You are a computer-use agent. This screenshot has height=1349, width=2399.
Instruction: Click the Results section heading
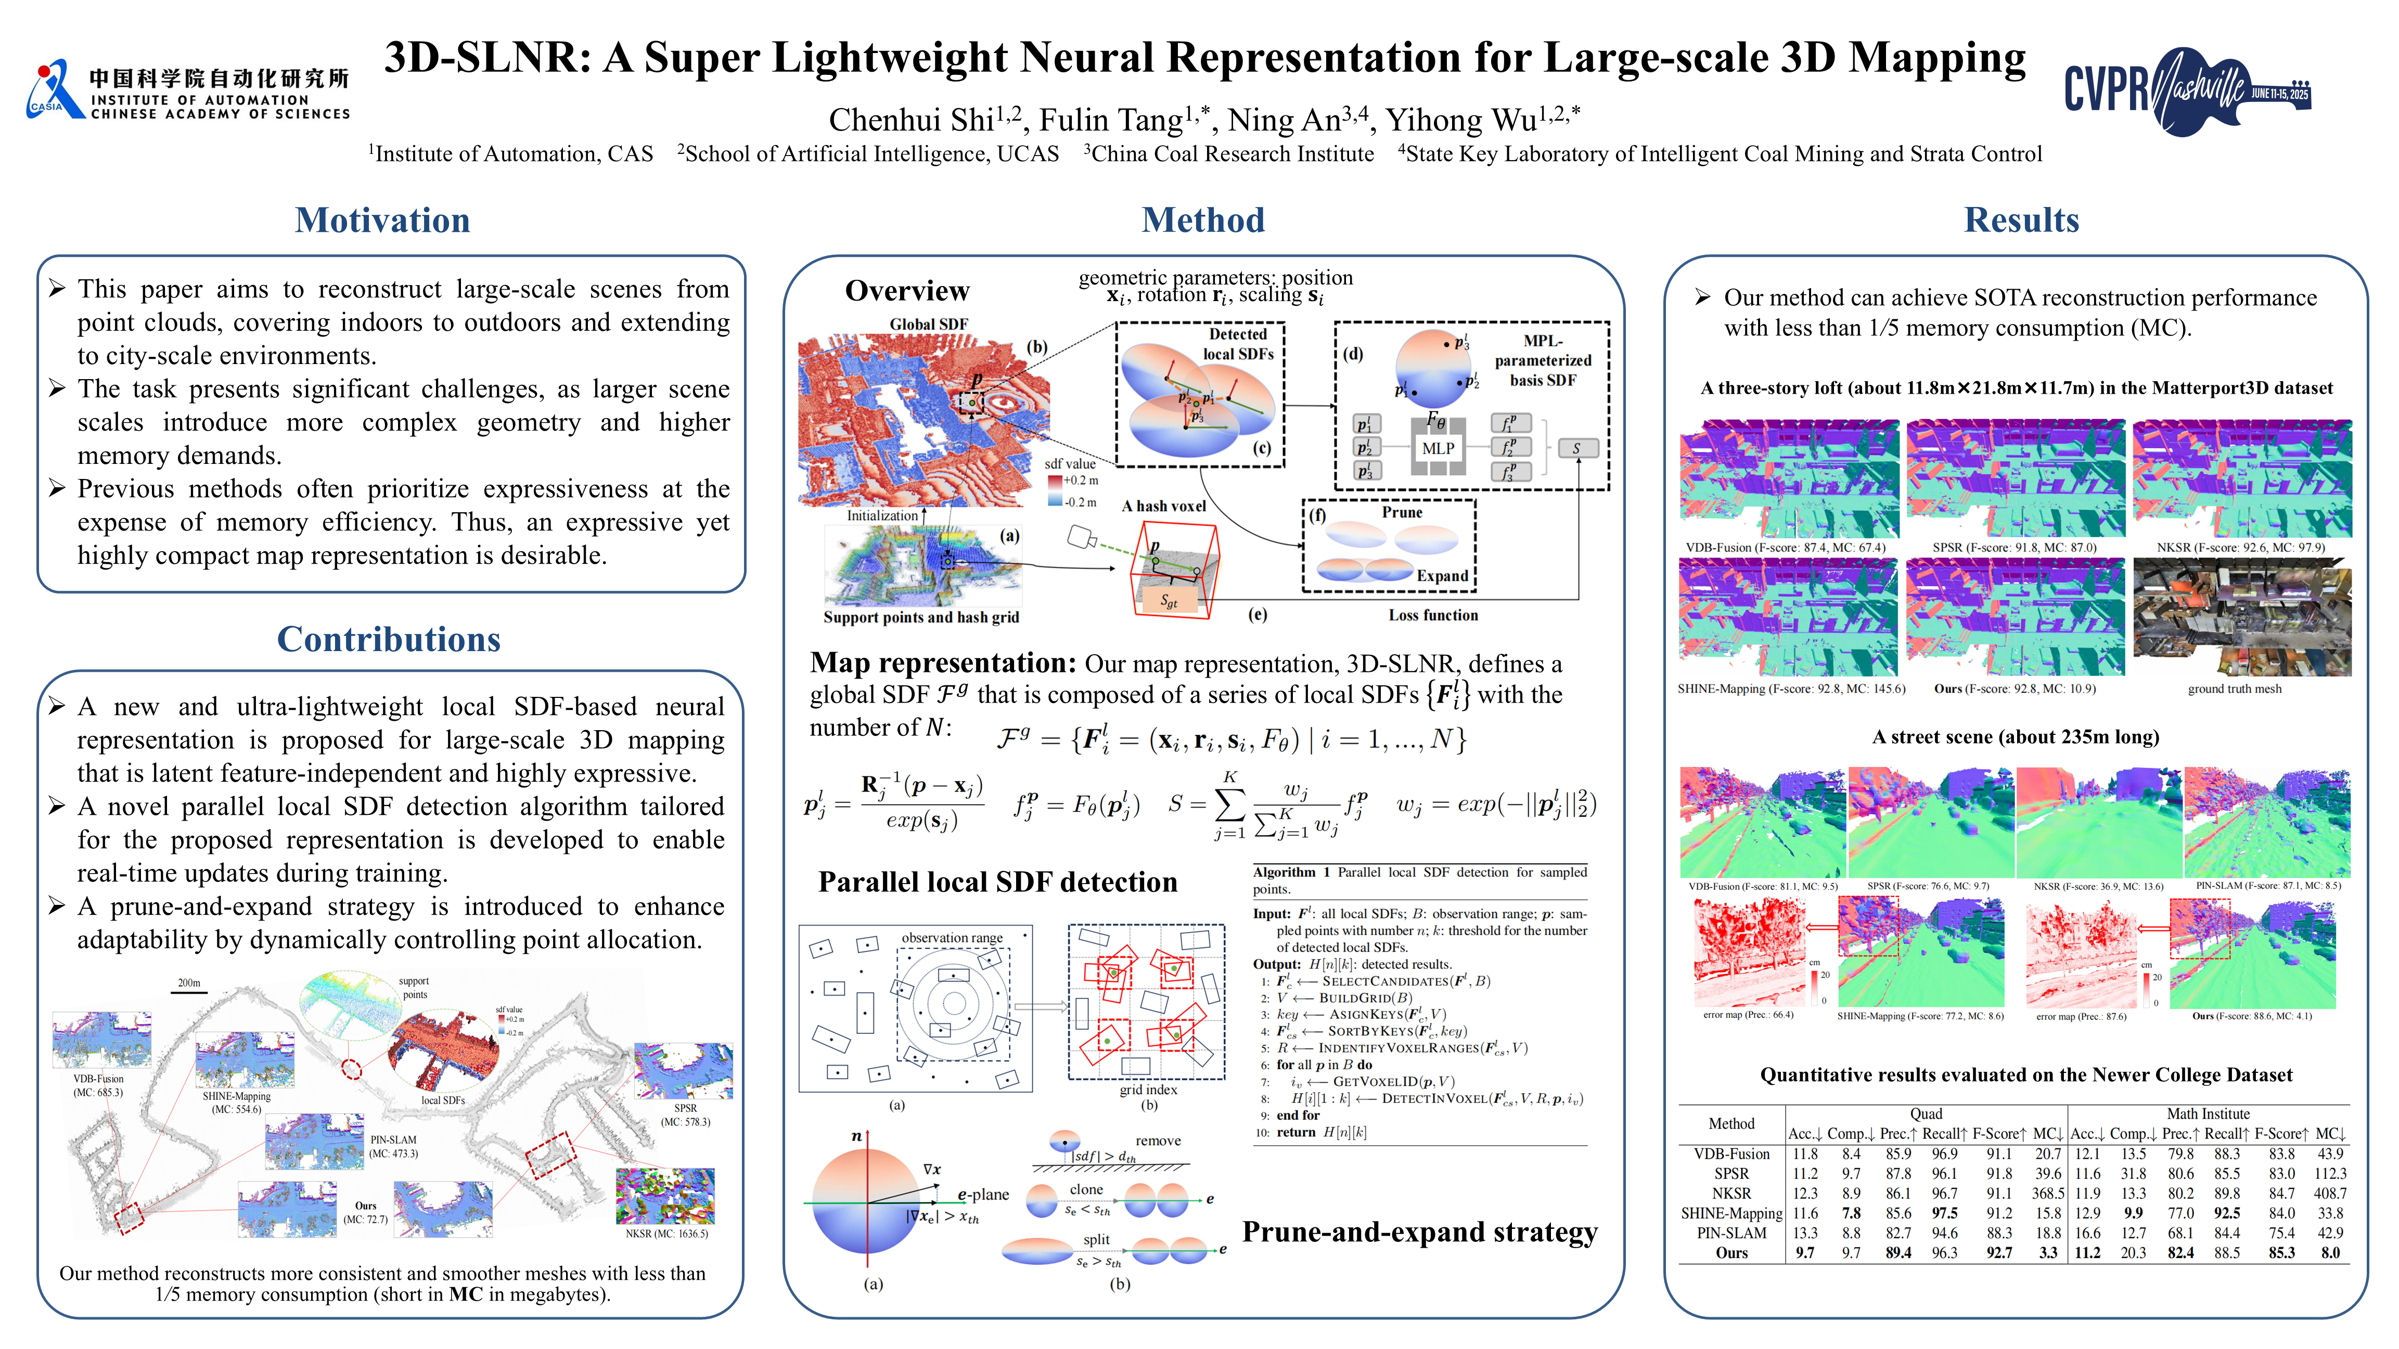point(2021,220)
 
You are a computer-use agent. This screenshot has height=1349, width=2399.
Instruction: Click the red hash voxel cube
point(1173,568)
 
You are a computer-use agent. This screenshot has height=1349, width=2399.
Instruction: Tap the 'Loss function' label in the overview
point(1432,615)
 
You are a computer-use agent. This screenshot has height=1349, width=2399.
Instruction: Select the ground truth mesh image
point(2241,617)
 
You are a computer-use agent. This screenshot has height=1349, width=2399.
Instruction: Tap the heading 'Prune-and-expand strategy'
point(1419,1233)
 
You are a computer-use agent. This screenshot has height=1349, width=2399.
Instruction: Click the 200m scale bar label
point(189,983)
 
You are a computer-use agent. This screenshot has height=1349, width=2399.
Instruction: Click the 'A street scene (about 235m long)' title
point(2016,737)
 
